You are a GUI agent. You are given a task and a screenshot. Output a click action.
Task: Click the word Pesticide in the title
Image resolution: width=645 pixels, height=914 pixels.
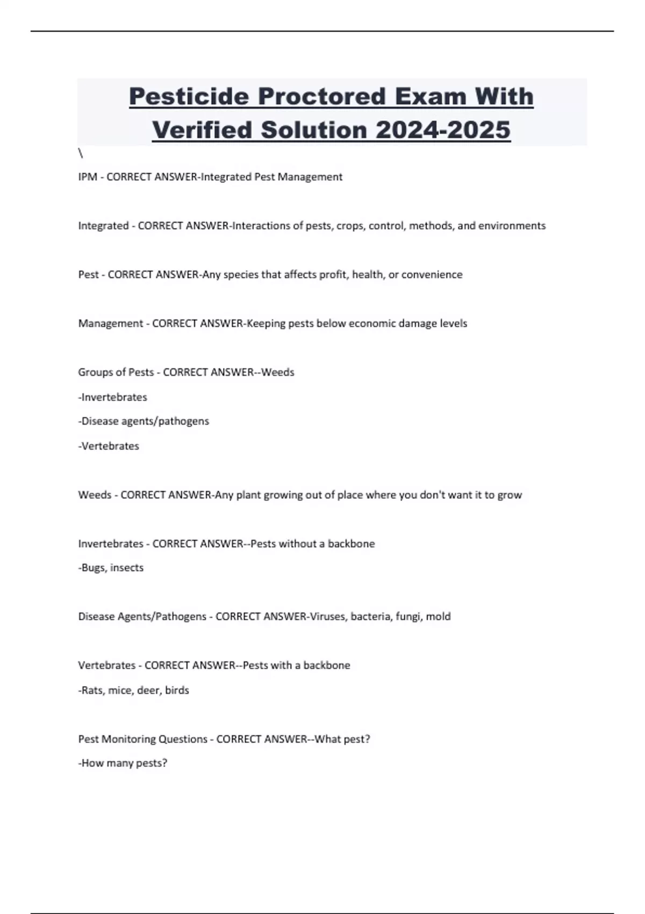click(189, 97)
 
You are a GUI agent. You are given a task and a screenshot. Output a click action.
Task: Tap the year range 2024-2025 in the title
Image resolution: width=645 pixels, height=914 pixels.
click(443, 130)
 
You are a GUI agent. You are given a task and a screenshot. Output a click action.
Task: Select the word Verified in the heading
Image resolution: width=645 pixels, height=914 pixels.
click(202, 130)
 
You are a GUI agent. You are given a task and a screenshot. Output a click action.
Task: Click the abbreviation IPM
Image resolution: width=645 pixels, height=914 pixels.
click(88, 177)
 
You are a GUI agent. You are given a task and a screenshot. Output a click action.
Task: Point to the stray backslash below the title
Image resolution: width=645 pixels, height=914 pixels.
click(81, 154)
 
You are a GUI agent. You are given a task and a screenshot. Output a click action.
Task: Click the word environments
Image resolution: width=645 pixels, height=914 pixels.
click(512, 226)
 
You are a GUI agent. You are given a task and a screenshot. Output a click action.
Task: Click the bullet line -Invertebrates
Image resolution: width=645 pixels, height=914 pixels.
click(113, 397)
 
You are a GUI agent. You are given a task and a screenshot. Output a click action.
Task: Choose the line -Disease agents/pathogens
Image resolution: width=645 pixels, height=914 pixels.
click(144, 421)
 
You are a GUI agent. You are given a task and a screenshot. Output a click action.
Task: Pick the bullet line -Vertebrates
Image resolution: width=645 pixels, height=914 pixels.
click(109, 446)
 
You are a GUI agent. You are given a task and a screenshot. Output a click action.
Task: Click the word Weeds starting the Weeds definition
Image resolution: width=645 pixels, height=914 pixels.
click(95, 495)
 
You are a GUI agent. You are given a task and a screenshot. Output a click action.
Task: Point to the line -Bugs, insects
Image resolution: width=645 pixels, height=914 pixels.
click(111, 568)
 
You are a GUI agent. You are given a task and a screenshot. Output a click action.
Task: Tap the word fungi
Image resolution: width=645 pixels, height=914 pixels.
click(408, 617)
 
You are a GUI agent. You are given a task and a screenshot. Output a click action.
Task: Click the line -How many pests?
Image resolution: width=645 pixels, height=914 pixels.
click(123, 763)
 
